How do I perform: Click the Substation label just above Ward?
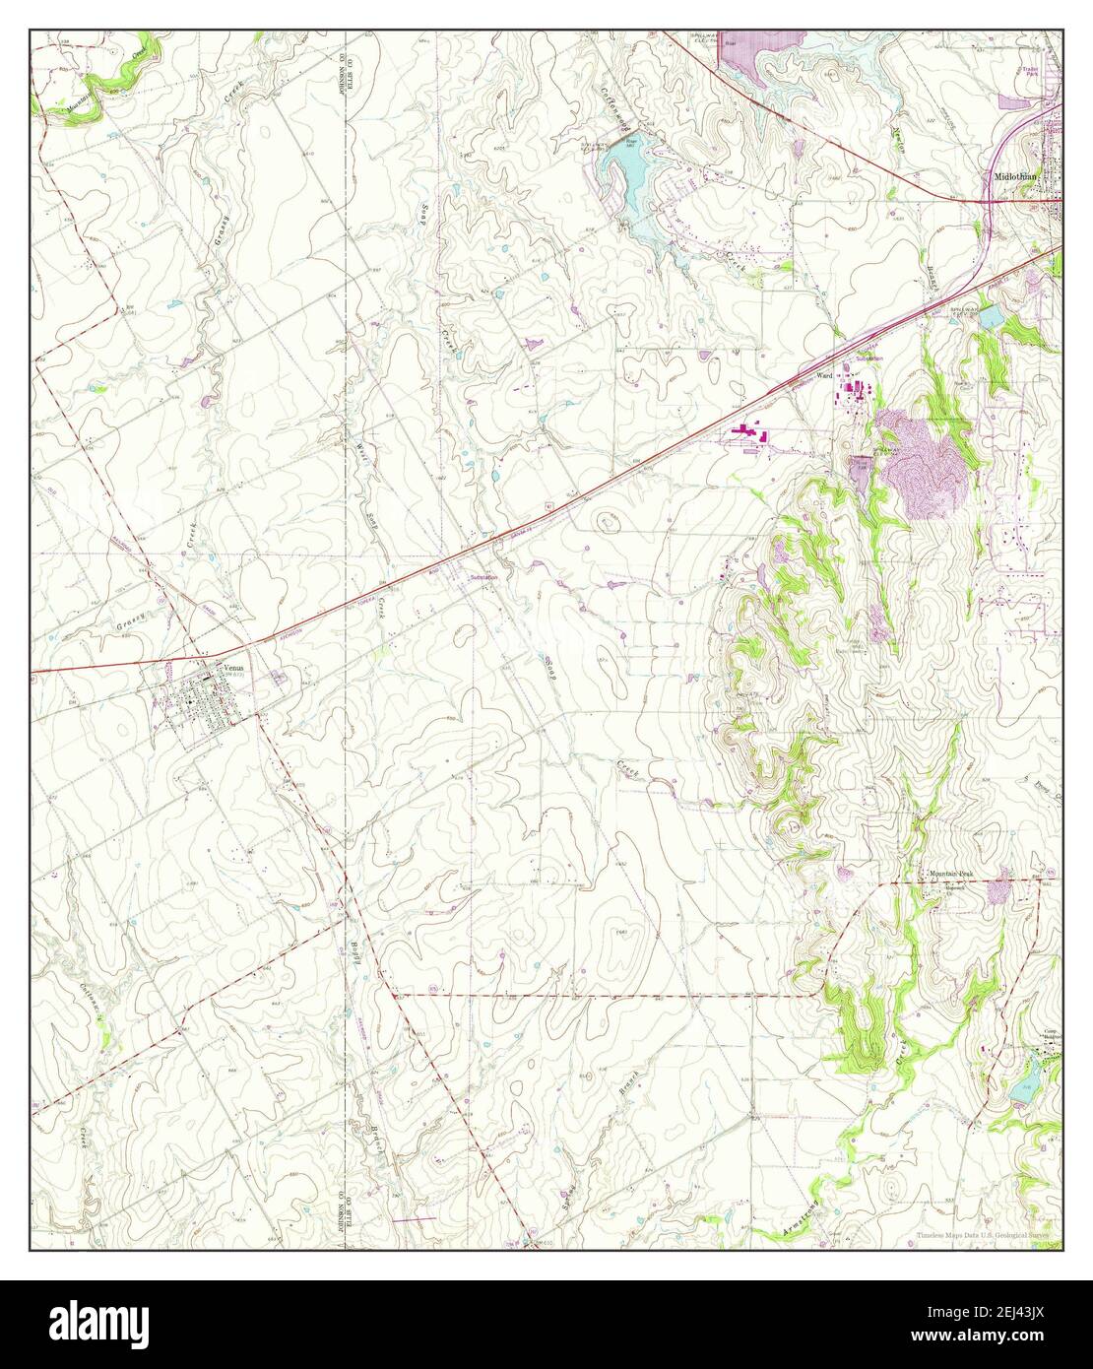[868, 359]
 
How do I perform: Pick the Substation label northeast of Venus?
[483, 577]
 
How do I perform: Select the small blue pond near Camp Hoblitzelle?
[1024, 1088]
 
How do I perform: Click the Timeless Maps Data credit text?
[982, 1235]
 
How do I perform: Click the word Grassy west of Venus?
[130, 619]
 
